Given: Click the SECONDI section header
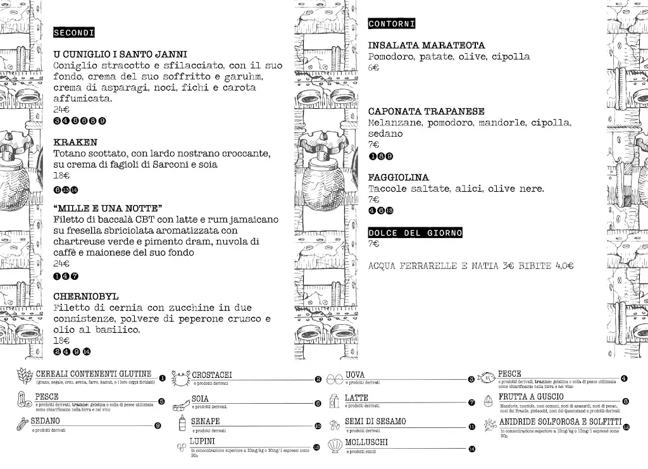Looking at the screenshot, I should click(x=74, y=32).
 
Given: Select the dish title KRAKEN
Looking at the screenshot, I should click(x=75, y=142).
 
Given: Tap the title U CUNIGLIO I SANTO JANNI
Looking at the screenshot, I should click(x=120, y=54).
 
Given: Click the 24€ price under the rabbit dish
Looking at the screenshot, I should click(x=61, y=110).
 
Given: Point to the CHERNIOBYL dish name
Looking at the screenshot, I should click(x=86, y=296).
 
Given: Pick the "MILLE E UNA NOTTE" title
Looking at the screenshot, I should click(x=108, y=208).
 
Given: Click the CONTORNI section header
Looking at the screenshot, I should click(x=391, y=24).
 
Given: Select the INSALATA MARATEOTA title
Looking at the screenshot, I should click(x=427, y=46).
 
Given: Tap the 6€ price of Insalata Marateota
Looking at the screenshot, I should click(x=373, y=67).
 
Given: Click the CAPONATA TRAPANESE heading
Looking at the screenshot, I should click(x=427, y=111).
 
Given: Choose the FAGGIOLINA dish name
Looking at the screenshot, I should click(x=399, y=178).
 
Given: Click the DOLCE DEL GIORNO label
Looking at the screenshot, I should click(x=415, y=233).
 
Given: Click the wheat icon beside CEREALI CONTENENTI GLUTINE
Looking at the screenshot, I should click(x=23, y=376).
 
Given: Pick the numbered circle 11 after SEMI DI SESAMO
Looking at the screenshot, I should click(x=471, y=427).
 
